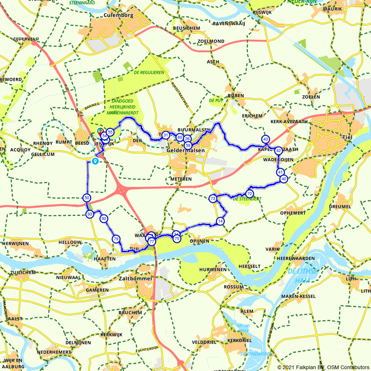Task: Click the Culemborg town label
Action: pyautogui.click(x=118, y=15)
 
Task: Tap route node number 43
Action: pyautogui.click(x=265, y=139)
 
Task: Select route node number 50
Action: pyautogui.click(x=86, y=198)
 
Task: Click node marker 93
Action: pyautogui.click(x=89, y=214)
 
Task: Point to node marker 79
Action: pyautogui.click(x=116, y=239)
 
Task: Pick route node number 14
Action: pyautogui.click(x=220, y=221)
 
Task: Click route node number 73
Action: pyautogui.click(x=213, y=198)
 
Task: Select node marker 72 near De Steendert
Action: pyautogui.click(x=249, y=194)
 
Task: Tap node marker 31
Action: pyautogui.click(x=166, y=135)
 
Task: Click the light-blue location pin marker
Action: pyautogui.click(x=95, y=161)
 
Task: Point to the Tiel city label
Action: pyautogui.click(x=346, y=137)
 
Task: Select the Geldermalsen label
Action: pyautogui.click(x=186, y=151)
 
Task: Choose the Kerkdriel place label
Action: pyautogui.click(x=239, y=340)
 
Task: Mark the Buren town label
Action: pyautogui.click(x=236, y=96)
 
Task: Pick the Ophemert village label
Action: pyautogui.click(x=292, y=213)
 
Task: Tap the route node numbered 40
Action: pyautogui.click(x=284, y=179)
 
